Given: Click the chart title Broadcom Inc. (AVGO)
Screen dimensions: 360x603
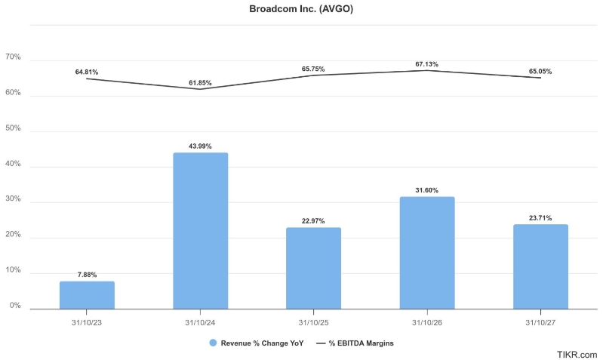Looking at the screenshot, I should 301,10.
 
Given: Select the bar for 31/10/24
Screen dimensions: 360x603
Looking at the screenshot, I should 201,230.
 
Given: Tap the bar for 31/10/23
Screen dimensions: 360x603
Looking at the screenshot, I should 87,294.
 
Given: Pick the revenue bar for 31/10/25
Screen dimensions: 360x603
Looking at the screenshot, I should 314,268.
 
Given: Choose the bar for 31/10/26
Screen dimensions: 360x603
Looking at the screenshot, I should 427,253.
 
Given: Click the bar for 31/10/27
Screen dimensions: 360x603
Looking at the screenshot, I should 540,266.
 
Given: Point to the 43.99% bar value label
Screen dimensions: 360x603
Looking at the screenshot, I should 201,146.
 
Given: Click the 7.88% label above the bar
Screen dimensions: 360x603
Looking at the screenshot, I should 87,275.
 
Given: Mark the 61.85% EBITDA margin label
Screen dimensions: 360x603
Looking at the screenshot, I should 201,82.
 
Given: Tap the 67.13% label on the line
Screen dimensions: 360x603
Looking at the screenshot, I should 427,63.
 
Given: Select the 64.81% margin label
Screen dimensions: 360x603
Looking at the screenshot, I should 87,72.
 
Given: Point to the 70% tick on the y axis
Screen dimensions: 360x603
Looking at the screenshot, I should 13,57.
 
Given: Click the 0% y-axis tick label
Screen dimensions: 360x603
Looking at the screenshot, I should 15,306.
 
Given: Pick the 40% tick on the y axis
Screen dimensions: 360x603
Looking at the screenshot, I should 13,164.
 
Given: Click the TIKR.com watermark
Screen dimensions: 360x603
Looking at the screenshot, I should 577,354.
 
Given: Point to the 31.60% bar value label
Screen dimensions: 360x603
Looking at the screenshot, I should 427,190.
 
